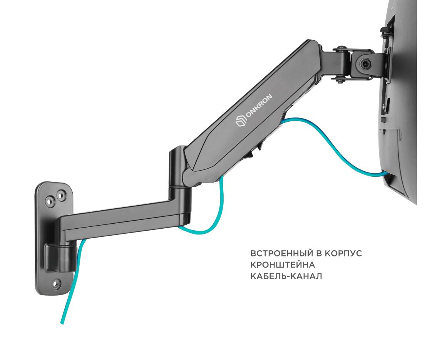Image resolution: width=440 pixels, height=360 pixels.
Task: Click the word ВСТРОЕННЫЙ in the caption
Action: coord(281,253)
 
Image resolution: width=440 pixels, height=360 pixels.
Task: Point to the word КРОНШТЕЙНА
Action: coord(283,265)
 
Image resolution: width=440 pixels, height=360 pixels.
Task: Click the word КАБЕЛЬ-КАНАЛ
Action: coord(286,276)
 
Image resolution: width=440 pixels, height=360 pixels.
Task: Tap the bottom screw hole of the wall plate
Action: coord(57,284)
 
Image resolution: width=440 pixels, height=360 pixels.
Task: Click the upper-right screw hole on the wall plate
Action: coord(61,194)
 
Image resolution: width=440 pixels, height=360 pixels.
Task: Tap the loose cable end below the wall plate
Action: coord(62,322)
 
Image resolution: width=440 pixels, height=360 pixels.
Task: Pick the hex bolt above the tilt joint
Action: coord(341,50)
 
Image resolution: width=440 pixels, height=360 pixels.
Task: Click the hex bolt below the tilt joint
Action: coord(339,80)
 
